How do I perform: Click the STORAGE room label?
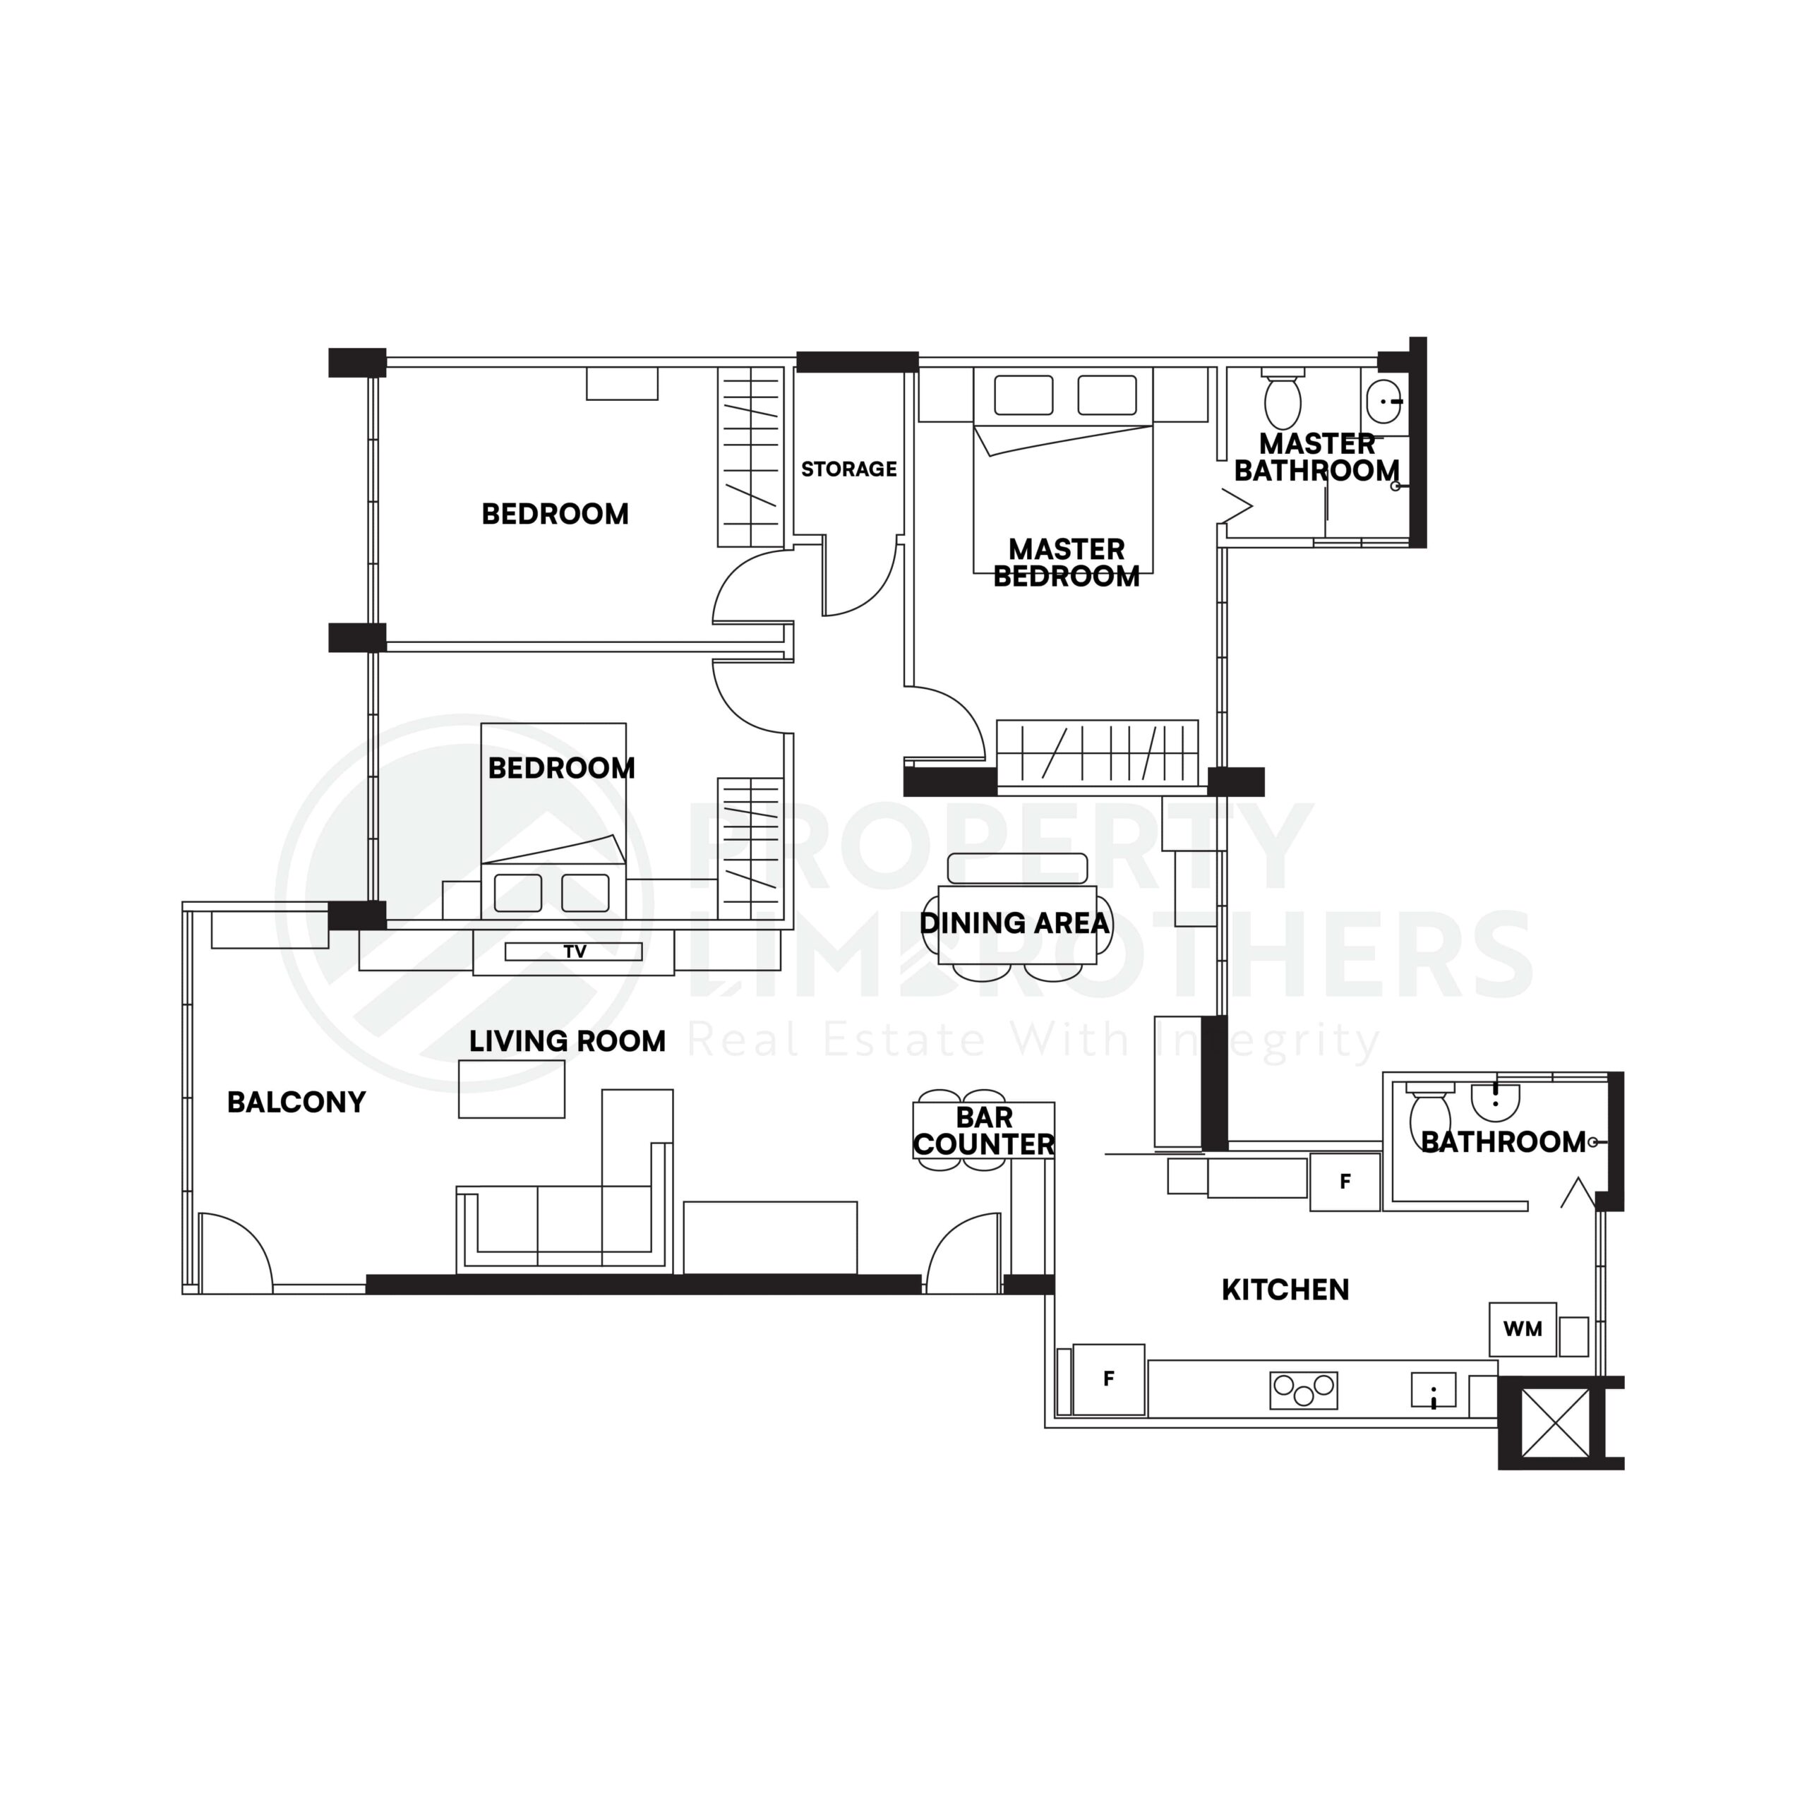coord(848,469)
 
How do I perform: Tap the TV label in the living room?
coord(575,952)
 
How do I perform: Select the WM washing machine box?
coord(1522,1329)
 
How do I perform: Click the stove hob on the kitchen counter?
coord(1303,1391)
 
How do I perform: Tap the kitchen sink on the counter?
coord(1433,1390)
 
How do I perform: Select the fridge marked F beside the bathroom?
coord(1344,1182)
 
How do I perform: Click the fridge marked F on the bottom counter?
coord(1108,1379)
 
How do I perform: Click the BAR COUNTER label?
coord(983,1131)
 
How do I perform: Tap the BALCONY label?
coord(296,1103)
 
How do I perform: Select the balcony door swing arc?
coord(234,1251)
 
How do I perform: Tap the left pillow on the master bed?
coord(1023,395)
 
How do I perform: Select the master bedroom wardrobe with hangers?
coord(1097,752)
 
